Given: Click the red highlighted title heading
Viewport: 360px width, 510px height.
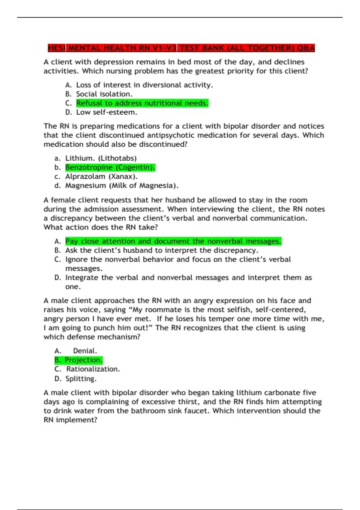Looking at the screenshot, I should [181, 48].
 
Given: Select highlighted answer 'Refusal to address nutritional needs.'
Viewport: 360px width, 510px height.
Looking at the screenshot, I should [142, 103].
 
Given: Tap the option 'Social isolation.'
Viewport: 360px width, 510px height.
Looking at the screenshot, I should [104, 94].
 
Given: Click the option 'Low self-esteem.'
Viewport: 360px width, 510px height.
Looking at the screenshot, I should [106, 112].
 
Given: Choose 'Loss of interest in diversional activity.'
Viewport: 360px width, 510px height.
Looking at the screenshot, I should [144, 85].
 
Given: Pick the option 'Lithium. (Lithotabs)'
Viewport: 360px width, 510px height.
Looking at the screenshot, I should [101, 158].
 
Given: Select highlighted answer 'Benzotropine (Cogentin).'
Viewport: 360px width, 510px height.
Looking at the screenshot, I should [110, 167].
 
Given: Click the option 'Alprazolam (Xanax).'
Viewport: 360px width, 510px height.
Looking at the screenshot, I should [101, 176].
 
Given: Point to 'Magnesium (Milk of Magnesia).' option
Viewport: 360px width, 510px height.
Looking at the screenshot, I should [122, 186].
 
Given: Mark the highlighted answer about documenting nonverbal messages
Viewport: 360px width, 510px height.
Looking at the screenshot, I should [173, 241].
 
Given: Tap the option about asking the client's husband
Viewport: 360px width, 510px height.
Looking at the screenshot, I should [162, 250].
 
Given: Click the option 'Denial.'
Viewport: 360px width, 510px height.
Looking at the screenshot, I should [85, 351].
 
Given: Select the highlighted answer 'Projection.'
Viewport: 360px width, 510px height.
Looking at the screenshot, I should [83, 360].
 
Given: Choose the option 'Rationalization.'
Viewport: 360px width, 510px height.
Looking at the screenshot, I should [93, 369].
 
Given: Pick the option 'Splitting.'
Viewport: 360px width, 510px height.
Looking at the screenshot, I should [81, 379].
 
